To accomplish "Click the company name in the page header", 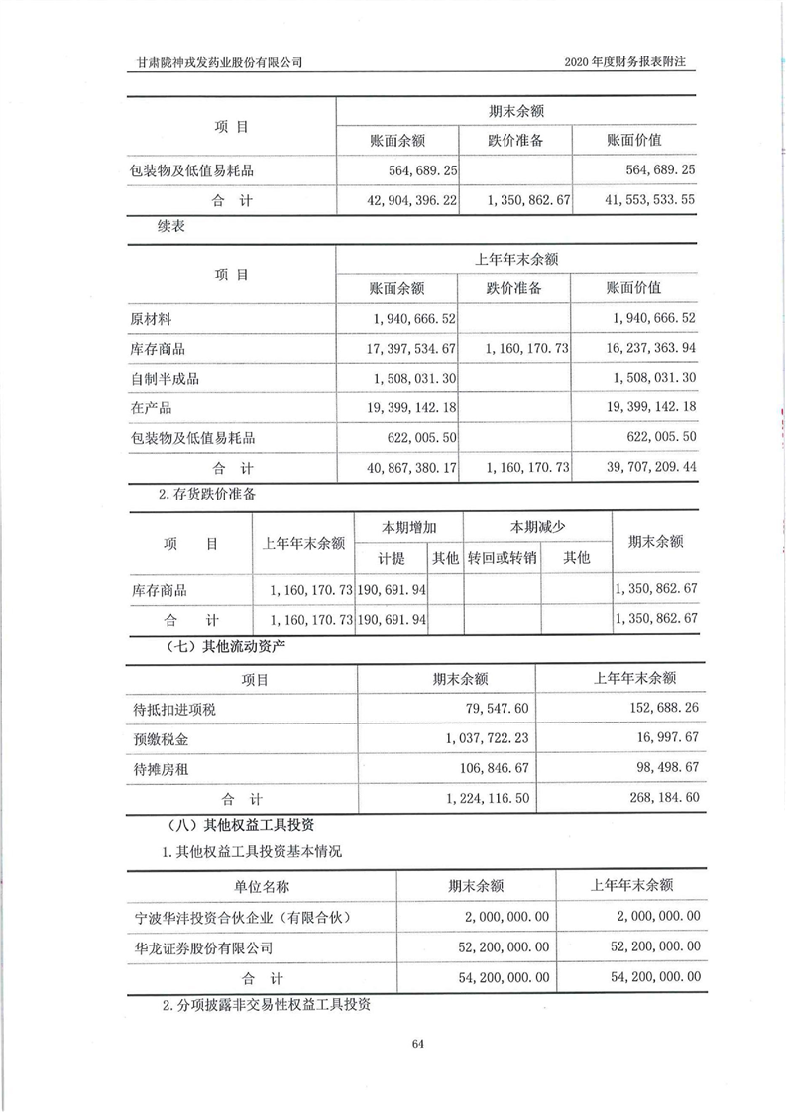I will click(220, 62).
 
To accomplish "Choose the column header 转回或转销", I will click(503, 558).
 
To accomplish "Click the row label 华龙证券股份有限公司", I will click(201, 946).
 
